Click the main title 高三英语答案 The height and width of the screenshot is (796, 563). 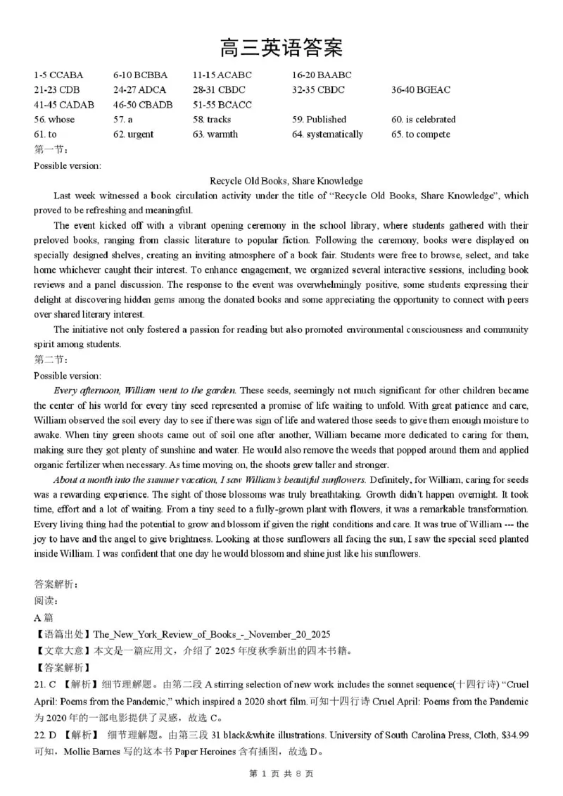tap(281, 48)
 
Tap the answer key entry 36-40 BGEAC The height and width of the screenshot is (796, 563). tap(421, 89)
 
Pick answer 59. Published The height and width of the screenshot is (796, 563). tap(319, 119)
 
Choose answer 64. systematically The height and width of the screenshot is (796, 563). tap(327, 134)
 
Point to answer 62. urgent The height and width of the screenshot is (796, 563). tap(133, 134)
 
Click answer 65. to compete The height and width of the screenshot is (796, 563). tap(421, 134)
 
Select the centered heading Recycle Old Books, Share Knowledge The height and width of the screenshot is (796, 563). tap(286, 181)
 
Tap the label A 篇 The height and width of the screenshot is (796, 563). tap(44, 617)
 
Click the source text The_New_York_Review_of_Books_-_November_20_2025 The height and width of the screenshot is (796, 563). tap(211, 633)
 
